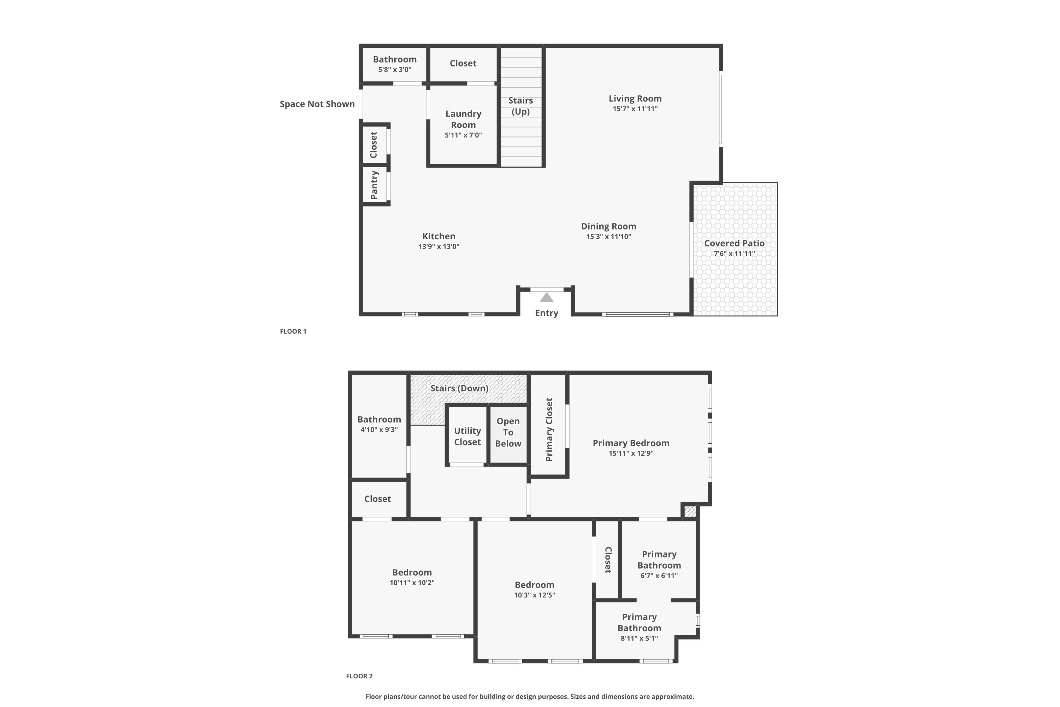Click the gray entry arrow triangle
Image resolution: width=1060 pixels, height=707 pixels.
point(546,298)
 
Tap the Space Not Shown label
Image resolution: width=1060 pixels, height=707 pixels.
point(317,104)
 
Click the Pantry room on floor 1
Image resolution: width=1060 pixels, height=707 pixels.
point(375,185)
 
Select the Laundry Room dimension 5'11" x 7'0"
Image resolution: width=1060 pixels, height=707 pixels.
point(463,135)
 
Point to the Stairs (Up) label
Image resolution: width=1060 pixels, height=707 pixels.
point(520,106)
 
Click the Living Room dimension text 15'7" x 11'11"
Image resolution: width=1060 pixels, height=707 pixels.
point(635,109)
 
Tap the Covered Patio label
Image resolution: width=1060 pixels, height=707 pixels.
point(734,244)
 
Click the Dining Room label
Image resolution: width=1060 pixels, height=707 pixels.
point(608,226)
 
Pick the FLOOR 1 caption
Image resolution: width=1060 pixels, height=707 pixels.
point(293,332)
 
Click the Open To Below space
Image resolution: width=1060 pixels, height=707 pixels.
point(508,432)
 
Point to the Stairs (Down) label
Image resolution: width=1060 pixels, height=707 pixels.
point(459,388)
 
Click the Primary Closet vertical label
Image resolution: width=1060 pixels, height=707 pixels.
point(549,430)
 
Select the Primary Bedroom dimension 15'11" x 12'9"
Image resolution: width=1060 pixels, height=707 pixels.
point(631,454)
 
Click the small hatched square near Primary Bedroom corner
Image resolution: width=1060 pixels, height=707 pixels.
point(690,512)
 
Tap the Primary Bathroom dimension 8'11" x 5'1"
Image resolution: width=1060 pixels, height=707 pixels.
point(639,638)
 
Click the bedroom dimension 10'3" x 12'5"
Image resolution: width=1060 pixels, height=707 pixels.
point(535,595)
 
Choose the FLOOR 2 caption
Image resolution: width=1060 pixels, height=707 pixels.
point(359,676)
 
